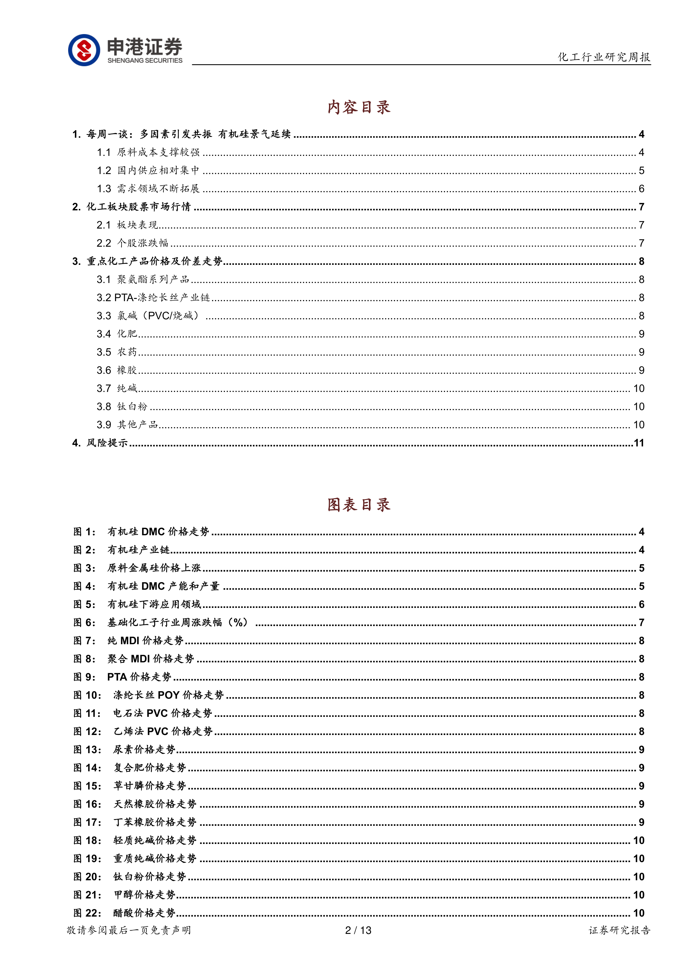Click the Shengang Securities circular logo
pyautogui.click(x=84, y=50)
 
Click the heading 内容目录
pyautogui.click(x=359, y=107)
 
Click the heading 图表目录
pyautogui.click(x=359, y=505)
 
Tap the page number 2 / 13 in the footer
pyautogui.click(x=358, y=930)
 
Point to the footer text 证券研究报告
pyautogui.click(x=619, y=930)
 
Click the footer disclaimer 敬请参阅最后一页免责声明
pyautogui.click(x=129, y=930)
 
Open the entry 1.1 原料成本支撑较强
pyautogui.click(x=148, y=152)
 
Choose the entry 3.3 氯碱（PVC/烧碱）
pyautogui.click(x=148, y=316)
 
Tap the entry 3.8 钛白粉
pyautogui.click(x=122, y=407)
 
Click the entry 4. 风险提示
pyautogui.click(x=100, y=443)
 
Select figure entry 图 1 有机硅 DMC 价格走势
pyautogui.click(x=141, y=532)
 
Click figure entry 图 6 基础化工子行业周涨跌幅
pyautogui.click(x=160, y=623)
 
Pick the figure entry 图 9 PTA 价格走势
pyautogui.click(x=122, y=677)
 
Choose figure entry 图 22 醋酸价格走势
pyautogui.click(x=125, y=913)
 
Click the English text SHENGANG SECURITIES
pyautogui.click(x=145, y=61)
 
